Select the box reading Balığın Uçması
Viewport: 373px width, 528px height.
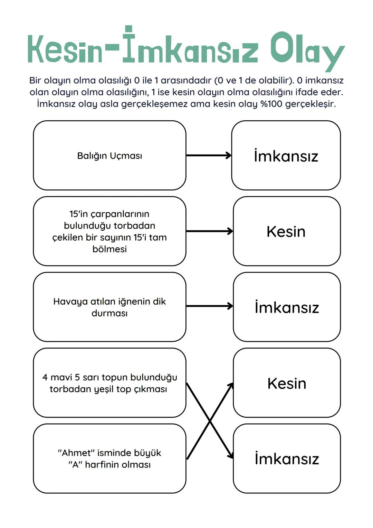[109, 156]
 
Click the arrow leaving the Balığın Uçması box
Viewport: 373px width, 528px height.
[209, 156]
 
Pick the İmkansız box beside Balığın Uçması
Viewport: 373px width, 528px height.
[286, 156]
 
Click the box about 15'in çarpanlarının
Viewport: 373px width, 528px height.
[109, 231]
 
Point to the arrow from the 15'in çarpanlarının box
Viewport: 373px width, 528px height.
[209, 231]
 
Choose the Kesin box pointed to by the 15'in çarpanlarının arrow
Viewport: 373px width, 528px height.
[287, 231]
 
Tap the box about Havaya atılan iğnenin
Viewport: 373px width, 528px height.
[109, 307]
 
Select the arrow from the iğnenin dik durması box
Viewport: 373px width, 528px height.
[209, 306]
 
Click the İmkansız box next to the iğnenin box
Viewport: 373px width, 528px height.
[287, 307]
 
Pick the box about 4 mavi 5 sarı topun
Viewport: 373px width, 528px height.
[109, 383]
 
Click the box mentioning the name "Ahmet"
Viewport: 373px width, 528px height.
[109, 458]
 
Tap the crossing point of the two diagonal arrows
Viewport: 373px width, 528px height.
[210, 421]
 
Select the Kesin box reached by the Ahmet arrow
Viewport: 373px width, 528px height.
[287, 383]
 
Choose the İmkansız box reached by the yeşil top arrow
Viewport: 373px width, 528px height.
[287, 458]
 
